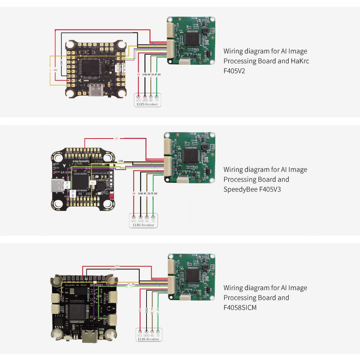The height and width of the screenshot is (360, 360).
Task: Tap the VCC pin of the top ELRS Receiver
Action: pyautogui.click(x=139, y=96)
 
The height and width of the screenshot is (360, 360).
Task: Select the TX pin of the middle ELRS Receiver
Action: pyautogui.click(x=154, y=217)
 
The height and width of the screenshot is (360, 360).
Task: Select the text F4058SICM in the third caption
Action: pyautogui.click(x=240, y=307)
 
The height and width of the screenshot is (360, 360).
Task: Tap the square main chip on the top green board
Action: pyautogui.click(x=193, y=39)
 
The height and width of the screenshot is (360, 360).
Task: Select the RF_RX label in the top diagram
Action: pyautogui.click(x=158, y=74)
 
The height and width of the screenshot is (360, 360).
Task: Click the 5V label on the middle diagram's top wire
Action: pyautogui.click(x=117, y=138)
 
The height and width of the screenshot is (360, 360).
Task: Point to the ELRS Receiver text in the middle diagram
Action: pyautogui.click(x=143, y=225)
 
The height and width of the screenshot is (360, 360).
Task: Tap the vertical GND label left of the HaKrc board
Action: pyautogui.click(x=62, y=62)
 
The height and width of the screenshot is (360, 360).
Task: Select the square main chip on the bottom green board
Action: pyautogui.click(x=193, y=276)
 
